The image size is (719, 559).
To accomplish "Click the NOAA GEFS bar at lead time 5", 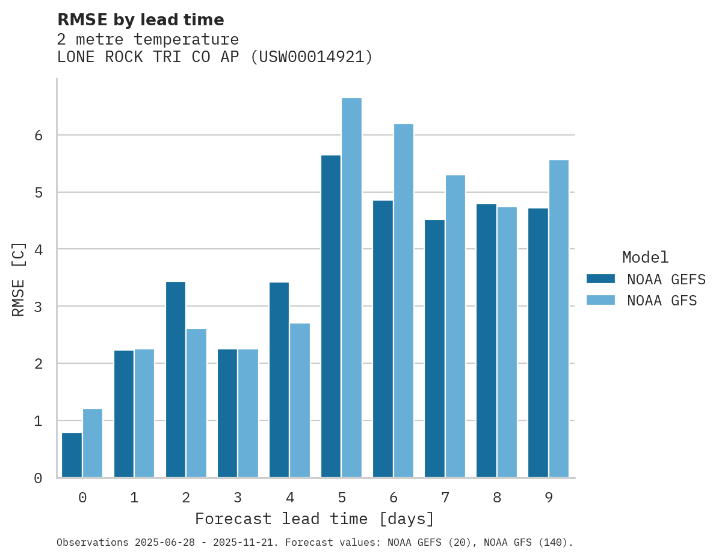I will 331,316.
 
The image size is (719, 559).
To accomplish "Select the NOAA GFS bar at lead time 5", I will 351,288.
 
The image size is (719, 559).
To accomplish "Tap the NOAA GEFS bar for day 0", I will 72,455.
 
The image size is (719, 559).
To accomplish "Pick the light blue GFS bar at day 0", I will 93,443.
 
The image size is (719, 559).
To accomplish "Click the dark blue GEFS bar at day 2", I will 176,379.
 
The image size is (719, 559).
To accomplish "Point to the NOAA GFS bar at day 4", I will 300,401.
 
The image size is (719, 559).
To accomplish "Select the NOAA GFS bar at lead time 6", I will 403,301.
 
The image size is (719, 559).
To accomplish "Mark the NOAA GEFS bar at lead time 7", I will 434,349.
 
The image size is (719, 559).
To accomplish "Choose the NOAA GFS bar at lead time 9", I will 558,319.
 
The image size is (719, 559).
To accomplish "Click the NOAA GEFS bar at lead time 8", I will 486,341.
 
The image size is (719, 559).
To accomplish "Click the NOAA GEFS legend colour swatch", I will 600,279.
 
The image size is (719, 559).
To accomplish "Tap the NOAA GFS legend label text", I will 662,301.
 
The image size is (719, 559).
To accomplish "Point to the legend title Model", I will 645,258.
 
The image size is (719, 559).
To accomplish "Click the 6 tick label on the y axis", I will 38,136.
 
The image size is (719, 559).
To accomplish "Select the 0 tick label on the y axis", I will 38,478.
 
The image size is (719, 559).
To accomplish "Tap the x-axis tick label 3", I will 238,498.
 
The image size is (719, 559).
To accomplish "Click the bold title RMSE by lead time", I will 141,20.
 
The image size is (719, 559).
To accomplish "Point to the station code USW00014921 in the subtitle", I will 310,57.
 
